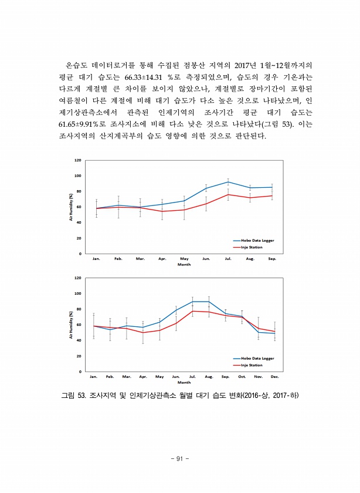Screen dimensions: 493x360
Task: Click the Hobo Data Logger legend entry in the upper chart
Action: [257, 241]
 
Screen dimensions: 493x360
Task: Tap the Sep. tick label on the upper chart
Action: [272, 259]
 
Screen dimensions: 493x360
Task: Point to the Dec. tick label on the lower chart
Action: [274, 377]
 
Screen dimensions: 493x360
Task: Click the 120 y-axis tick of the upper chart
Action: [78, 160]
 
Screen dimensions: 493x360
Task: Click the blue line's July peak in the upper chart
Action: [228, 182]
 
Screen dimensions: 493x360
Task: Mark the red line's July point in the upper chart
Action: [228, 194]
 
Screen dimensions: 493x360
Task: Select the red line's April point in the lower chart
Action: [143, 333]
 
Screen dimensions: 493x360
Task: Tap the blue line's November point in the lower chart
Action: [259, 332]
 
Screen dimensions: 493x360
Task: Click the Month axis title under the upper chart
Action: [184, 265]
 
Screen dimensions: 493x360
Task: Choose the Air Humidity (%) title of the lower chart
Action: [70, 325]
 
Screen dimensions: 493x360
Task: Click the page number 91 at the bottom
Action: [180, 458]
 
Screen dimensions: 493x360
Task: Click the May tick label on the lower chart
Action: [159, 377]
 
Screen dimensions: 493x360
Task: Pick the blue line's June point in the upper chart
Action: [206, 188]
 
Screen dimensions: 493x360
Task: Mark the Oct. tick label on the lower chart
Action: [242, 377]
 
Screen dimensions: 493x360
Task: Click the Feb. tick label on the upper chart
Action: [118, 259]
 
